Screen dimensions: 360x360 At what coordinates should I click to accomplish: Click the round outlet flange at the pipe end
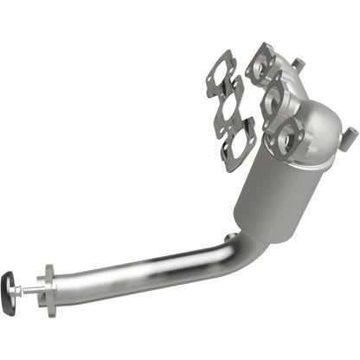coord(47,286)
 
